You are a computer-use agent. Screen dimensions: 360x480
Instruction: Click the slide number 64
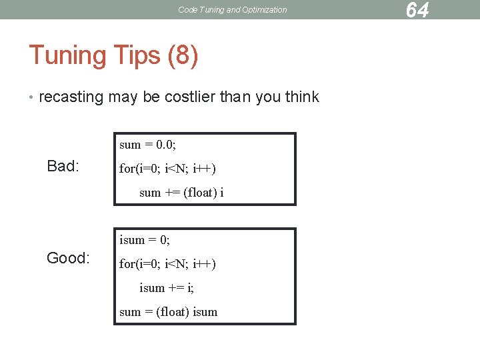click(x=417, y=10)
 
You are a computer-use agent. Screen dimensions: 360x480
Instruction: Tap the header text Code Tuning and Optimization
click(x=233, y=10)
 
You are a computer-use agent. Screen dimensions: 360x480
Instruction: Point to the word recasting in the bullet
click(x=71, y=97)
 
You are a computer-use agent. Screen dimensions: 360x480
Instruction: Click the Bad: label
click(x=63, y=166)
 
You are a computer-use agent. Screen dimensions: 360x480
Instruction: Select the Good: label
click(x=68, y=258)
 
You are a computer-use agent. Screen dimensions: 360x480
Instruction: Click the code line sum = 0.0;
click(x=147, y=145)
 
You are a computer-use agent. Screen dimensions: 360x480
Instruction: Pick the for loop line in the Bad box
click(x=167, y=169)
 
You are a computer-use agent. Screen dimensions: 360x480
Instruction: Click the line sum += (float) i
click(x=181, y=193)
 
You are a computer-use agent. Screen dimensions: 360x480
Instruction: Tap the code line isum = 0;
click(x=145, y=239)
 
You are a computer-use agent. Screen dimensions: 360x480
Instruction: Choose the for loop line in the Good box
click(x=167, y=264)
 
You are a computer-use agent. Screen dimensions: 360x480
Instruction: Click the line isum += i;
click(x=167, y=288)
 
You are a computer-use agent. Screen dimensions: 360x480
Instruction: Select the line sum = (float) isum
click(x=168, y=312)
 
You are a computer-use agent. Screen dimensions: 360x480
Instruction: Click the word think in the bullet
click(x=302, y=97)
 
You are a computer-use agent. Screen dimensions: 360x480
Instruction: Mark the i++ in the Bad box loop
click(x=203, y=169)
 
